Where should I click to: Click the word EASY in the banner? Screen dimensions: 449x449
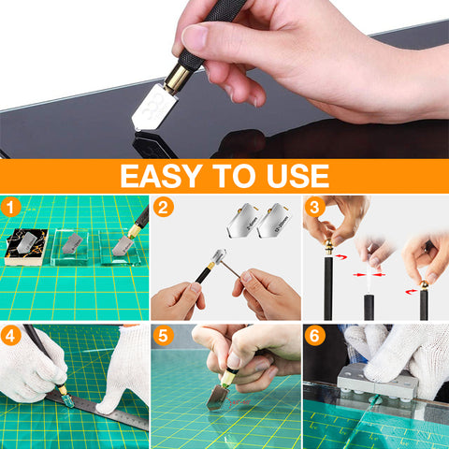161,176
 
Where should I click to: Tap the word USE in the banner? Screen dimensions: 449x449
297,176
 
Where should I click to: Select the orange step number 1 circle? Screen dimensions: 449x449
10,208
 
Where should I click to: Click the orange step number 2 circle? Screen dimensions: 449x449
163,208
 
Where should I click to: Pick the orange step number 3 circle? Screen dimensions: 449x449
314,208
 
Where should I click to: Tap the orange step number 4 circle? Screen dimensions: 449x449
10,336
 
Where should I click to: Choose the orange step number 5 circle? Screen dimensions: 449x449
163,336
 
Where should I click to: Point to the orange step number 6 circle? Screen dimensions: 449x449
314,336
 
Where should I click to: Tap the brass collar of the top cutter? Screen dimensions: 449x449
177,78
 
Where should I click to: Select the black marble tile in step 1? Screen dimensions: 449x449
27,247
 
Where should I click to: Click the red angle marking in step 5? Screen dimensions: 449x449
239,403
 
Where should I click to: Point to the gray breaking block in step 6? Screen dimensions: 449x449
377,383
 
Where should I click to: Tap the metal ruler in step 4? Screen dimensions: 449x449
99,410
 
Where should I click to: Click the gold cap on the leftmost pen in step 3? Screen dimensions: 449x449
328,247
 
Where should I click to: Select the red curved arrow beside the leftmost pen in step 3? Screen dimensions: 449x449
341,257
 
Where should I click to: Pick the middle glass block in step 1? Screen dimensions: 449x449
70,248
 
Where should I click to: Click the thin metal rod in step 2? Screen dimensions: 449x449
230,269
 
